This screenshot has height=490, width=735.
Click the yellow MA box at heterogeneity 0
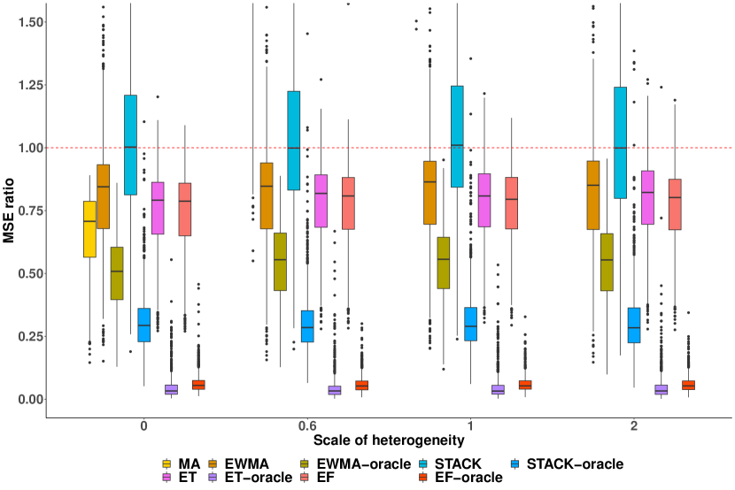(89, 229)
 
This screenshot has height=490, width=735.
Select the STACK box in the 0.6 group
(294, 141)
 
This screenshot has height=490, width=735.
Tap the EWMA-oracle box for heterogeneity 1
(444, 263)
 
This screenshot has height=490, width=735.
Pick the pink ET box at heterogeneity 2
(648, 197)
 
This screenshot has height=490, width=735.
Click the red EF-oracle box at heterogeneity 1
(526, 385)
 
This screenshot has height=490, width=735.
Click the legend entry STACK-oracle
(575, 463)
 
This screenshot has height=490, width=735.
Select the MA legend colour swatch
(166, 463)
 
